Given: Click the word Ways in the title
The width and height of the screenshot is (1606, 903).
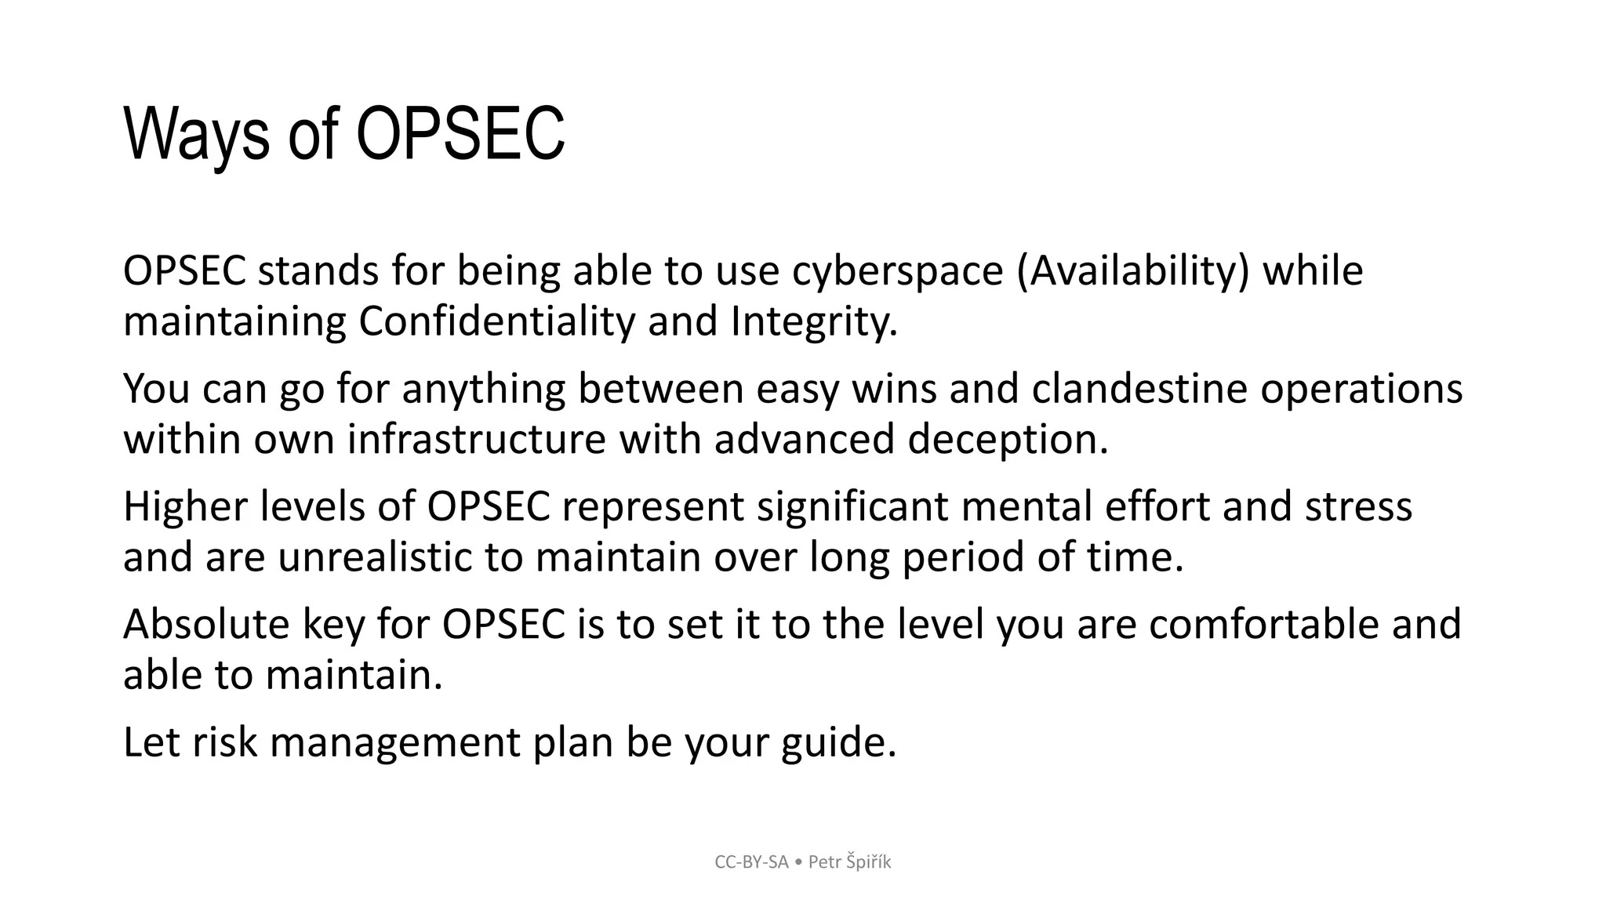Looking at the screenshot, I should (x=198, y=135).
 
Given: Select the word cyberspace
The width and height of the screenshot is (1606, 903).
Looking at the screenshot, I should (x=897, y=270).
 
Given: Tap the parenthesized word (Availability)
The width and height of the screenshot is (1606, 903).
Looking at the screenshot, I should (x=1132, y=270).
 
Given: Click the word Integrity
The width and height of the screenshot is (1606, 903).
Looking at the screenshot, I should (x=814, y=321).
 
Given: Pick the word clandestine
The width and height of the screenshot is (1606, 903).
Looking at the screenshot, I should (x=1139, y=389).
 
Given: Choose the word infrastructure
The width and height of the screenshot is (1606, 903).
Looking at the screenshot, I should (x=476, y=439).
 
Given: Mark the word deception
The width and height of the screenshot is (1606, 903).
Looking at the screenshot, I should (x=1008, y=439).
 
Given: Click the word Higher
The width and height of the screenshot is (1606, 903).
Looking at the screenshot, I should (x=185, y=506).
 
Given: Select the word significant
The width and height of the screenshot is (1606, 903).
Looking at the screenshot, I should (x=852, y=506).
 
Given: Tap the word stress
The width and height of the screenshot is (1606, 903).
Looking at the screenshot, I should (x=1358, y=506).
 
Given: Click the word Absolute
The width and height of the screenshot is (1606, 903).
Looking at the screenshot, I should (x=206, y=625).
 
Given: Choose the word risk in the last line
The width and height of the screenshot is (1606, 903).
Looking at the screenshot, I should (x=224, y=742).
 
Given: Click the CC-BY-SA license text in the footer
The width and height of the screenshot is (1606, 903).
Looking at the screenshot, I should (x=751, y=862).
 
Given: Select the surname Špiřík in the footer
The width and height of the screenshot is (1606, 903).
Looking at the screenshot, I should (x=868, y=862).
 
